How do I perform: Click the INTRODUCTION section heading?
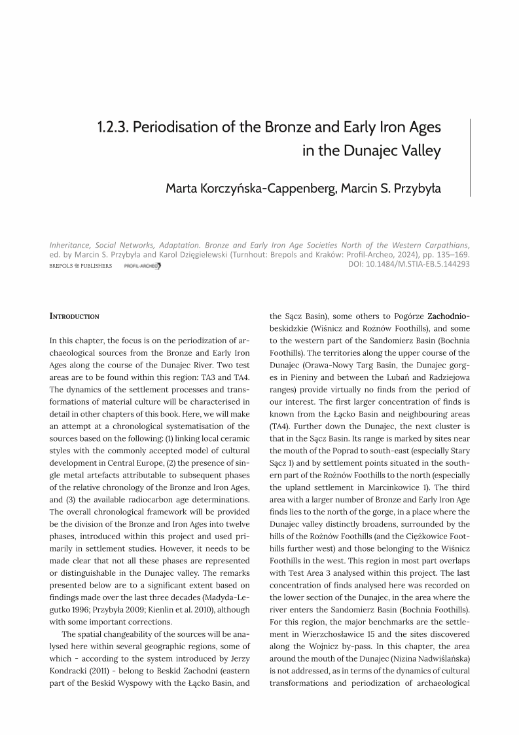tap(75, 316)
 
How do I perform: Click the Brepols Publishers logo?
tap(81, 266)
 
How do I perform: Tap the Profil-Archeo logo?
tap(142, 266)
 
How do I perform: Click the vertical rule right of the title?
tap(470, 157)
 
